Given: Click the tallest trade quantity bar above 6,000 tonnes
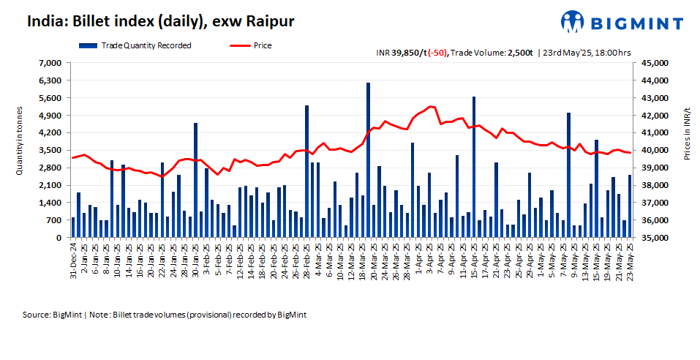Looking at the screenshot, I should [368, 160].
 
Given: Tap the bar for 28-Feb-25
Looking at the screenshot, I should [306, 171].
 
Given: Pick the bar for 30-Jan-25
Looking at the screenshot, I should [195, 180].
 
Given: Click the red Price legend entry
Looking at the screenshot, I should [262, 45].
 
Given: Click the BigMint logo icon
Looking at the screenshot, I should [573, 22].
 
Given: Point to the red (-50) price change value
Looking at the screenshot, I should [437, 53].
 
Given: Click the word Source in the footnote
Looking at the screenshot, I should [36, 314].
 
